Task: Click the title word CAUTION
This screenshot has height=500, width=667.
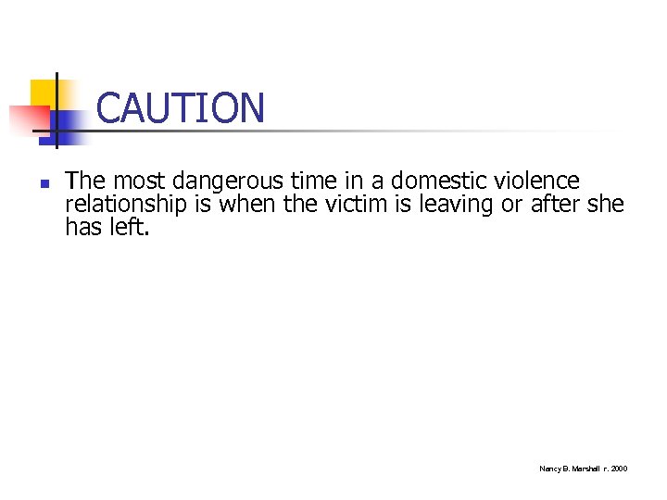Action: (x=180, y=108)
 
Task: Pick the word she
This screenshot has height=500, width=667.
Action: (x=606, y=204)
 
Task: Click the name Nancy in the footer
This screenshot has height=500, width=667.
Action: (x=549, y=469)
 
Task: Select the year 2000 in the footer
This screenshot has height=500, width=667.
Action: (x=619, y=469)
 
